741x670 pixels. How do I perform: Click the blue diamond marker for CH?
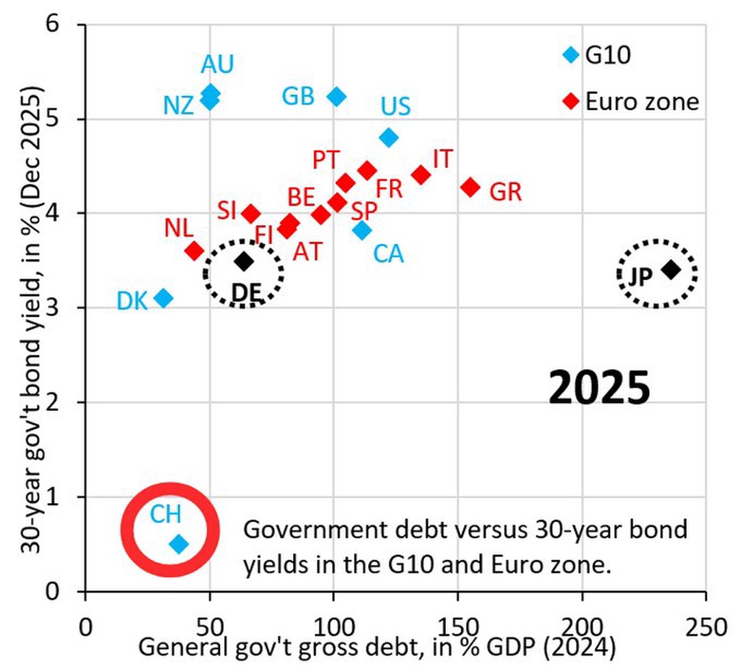[x=179, y=543]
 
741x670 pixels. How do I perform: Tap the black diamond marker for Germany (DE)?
[x=245, y=261]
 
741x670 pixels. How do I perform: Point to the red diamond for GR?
[x=470, y=187]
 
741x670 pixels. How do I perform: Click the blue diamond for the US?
[x=389, y=137]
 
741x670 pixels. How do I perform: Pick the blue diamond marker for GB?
[x=336, y=96]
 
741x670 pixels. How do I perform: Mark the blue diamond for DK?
[x=164, y=298]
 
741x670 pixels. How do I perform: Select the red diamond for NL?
[x=194, y=250]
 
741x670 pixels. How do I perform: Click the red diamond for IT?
[x=420, y=174]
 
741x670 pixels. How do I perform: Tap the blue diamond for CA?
[x=362, y=230]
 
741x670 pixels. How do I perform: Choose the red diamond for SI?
[x=251, y=213]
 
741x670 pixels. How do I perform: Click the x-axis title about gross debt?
[x=376, y=646]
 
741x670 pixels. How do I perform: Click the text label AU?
[x=217, y=65]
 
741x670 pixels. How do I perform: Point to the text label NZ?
[x=178, y=106]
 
